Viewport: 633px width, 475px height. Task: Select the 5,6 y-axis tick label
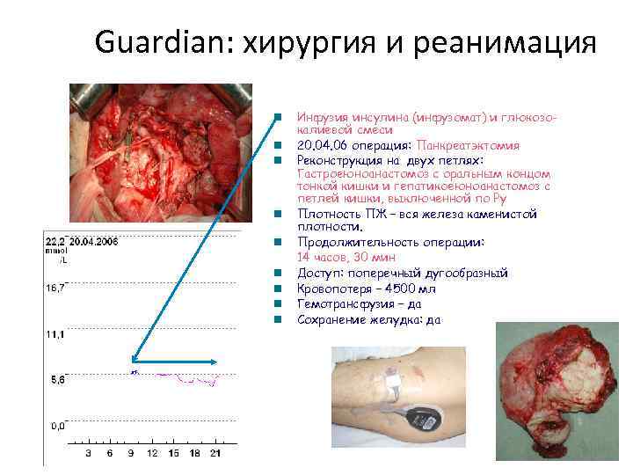coord(56,381)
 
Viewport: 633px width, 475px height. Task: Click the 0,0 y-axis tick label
coord(56,427)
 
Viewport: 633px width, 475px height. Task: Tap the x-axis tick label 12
coord(152,453)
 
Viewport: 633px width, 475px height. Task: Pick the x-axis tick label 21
coord(217,453)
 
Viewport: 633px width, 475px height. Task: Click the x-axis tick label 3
coord(87,453)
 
